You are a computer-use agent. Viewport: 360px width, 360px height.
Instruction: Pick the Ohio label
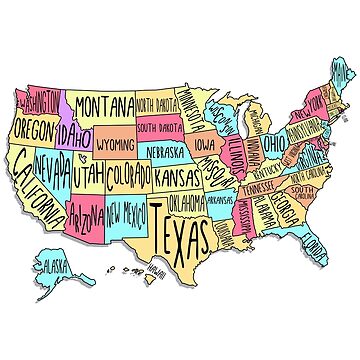coord(273,144)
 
